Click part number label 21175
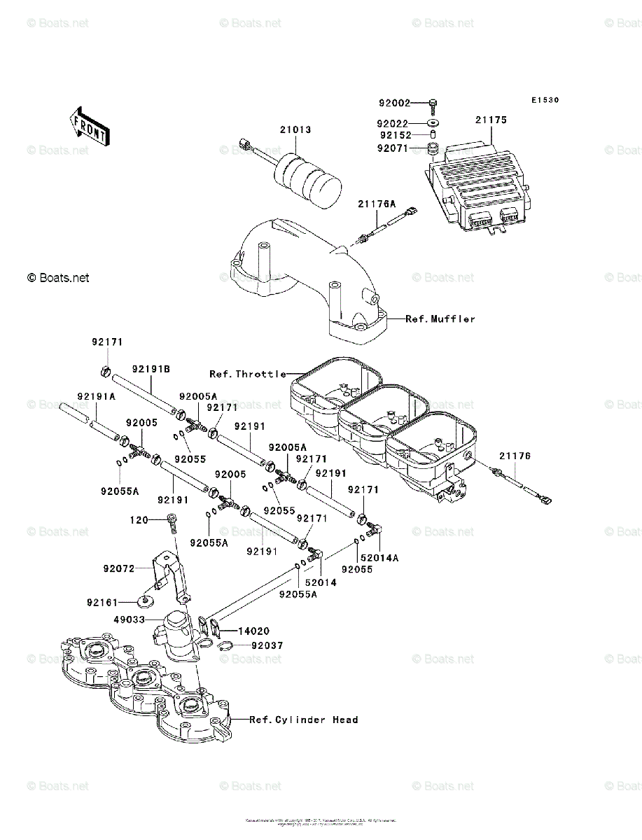click(490, 120)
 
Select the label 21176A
click(377, 204)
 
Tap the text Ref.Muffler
click(440, 318)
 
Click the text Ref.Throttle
click(248, 374)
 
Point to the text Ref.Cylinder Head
click(304, 720)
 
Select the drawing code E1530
click(544, 101)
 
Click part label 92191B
click(152, 368)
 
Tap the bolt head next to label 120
click(172, 519)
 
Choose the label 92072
click(118, 569)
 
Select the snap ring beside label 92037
click(225, 645)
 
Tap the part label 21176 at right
click(515, 456)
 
